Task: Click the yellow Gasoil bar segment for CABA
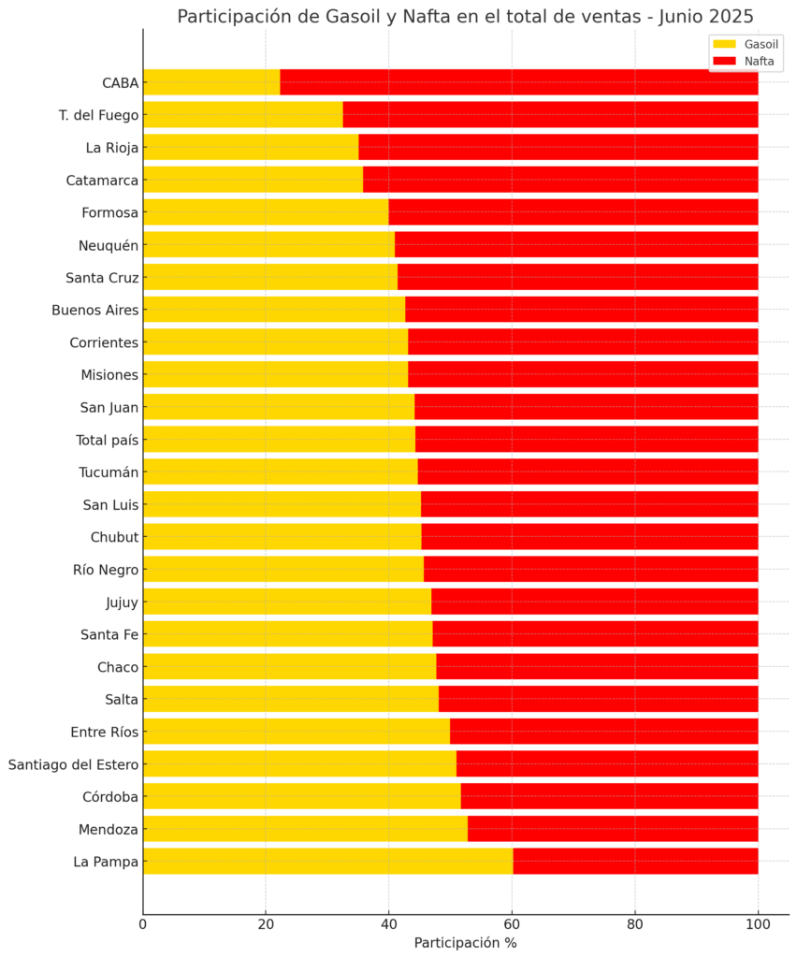[211, 82]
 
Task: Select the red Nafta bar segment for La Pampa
[635, 862]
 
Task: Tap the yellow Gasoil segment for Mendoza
[305, 829]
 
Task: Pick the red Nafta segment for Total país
[587, 440]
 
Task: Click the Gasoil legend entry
[745, 44]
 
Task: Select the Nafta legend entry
[745, 62]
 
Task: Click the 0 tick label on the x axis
[143, 925]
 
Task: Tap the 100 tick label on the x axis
[758, 925]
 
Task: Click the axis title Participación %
[465, 943]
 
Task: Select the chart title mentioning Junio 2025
[465, 17]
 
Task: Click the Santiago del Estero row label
[73, 764]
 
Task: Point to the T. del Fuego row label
[98, 115]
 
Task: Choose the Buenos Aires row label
[94, 310]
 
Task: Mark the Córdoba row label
[110, 797]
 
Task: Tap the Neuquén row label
[109, 245]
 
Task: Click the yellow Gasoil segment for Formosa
[266, 212]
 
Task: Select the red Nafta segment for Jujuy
[594, 602]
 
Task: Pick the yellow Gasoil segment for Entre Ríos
[297, 732]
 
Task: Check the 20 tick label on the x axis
[266, 925]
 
